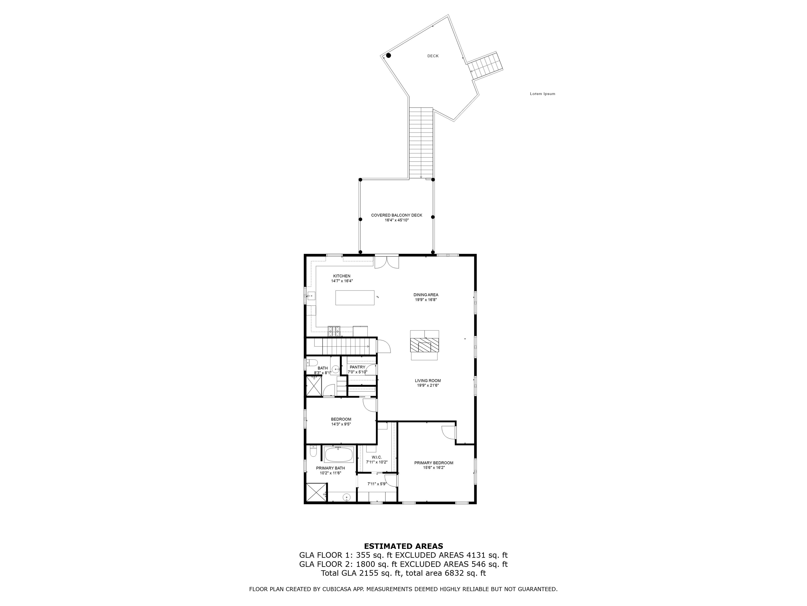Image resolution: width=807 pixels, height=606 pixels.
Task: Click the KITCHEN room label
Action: tap(342, 276)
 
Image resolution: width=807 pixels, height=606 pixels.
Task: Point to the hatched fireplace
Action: tap(424, 345)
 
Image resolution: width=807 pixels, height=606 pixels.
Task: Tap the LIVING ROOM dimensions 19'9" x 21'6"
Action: tap(428, 385)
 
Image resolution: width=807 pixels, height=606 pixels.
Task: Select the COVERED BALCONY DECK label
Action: tap(397, 215)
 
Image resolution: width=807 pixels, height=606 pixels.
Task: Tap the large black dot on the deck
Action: tap(389, 55)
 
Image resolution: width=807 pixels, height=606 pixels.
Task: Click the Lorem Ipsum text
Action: tap(542, 94)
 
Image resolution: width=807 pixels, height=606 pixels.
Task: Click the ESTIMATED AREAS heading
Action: tap(403, 546)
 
